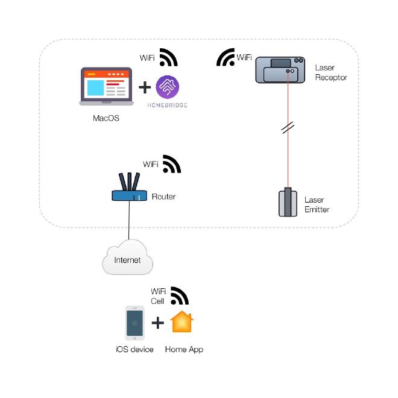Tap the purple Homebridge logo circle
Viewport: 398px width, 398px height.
coord(167,87)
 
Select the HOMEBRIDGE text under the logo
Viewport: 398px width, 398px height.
coord(167,105)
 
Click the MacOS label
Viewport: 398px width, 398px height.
coord(106,118)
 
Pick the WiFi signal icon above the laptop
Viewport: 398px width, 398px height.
coord(169,57)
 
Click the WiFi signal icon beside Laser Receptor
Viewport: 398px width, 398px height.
coord(226,57)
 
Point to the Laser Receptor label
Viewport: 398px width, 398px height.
coord(331,73)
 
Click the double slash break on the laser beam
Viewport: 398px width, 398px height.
coord(288,128)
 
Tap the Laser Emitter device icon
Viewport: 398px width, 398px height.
coord(288,203)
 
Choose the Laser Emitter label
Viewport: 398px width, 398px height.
coord(317,204)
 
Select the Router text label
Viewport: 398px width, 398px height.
coord(163,197)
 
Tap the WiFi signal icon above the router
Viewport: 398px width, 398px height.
coord(172,164)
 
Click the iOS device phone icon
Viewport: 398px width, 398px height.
coord(134,324)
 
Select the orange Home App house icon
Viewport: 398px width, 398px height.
coord(183,322)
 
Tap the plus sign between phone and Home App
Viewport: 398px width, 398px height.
coord(158,323)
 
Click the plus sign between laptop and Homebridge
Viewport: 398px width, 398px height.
coord(145,88)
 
